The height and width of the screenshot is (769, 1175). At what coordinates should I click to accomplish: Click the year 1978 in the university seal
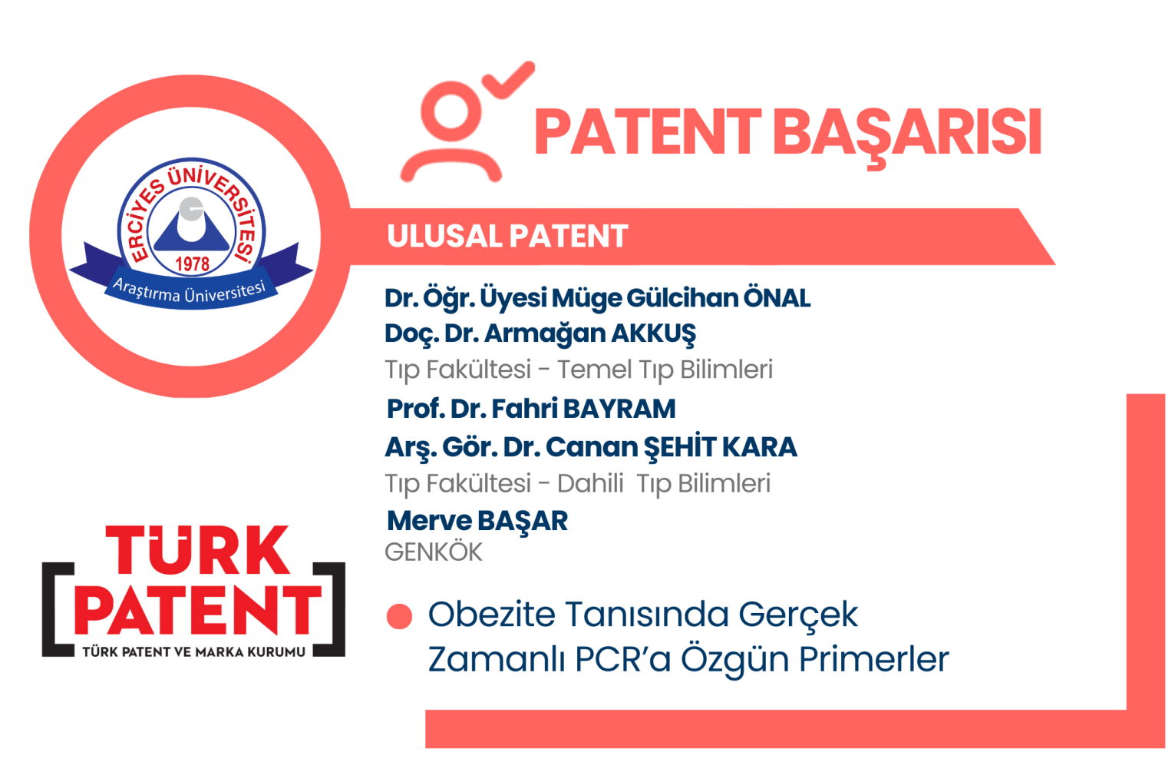coord(192,264)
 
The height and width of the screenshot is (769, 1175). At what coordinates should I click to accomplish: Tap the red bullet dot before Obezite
coord(399,616)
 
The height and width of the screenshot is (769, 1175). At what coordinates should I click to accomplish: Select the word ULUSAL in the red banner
coord(445,236)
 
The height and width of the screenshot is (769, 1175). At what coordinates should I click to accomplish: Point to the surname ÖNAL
coord(777,298)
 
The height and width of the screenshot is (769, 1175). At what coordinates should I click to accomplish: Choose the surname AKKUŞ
coord(654,334)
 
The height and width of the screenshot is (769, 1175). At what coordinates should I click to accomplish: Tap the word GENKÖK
coord(434,552)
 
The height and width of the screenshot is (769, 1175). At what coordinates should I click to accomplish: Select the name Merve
coord(429,521)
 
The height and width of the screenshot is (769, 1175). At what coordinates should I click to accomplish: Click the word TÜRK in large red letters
coord(197,549)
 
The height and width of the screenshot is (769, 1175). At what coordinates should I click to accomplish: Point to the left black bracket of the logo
coord(58,609)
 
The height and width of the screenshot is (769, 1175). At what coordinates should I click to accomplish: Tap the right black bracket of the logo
coord(329,609)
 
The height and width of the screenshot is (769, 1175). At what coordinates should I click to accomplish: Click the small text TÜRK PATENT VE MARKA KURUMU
coord(193,652)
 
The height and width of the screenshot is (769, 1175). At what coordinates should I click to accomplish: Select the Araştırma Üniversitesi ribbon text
coord(190,291)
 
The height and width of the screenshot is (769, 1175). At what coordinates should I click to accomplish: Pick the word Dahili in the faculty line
coord(590,483)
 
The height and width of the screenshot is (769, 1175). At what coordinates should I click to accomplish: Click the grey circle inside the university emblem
coord(191,210)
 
